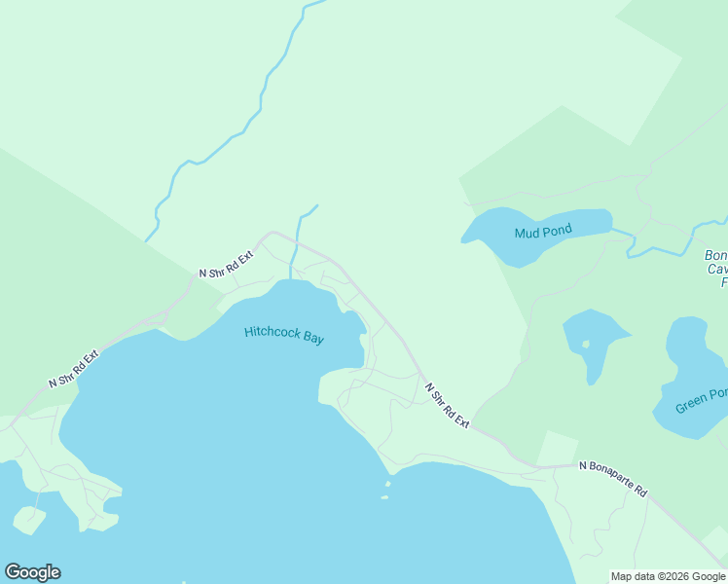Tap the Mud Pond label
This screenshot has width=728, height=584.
click(x=543, y=232)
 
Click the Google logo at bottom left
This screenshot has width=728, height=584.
click(x=32, y=572)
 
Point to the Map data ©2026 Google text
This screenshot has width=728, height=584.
click(x=668, y=576)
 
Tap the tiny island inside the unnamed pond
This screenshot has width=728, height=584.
click(x=585, y=344)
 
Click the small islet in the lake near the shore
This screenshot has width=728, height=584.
click(x=387, y=483)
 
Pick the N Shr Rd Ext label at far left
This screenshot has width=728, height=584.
click(x=74, y=370)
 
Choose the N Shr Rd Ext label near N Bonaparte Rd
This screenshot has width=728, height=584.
click(x=447, y=405)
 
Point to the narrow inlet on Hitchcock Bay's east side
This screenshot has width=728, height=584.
click(x=362, y=350)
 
